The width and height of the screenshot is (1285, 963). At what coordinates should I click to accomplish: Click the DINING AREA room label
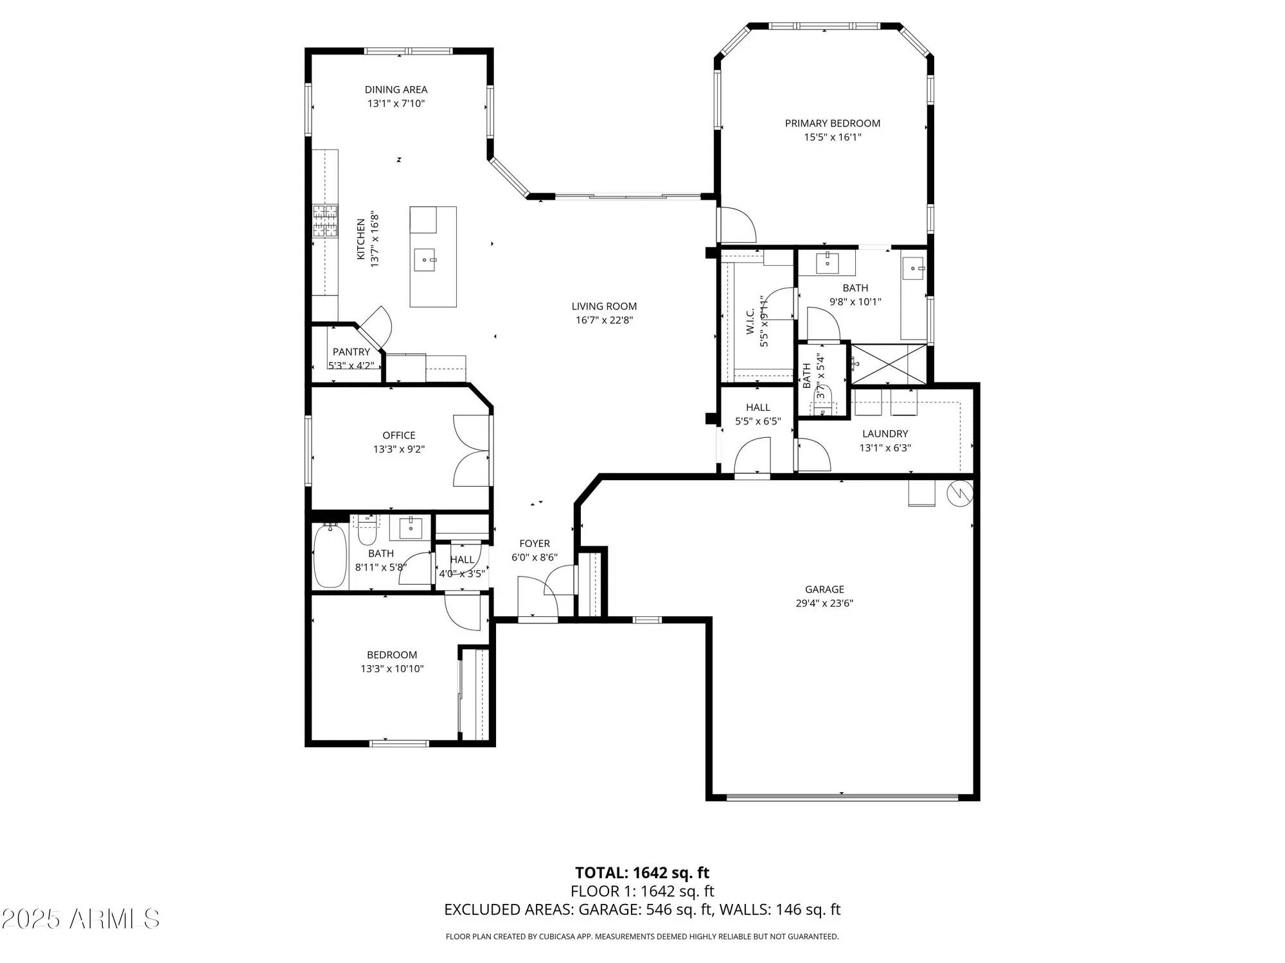tap(396, 90)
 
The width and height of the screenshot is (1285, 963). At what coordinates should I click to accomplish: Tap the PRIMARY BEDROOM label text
tap(832, 123)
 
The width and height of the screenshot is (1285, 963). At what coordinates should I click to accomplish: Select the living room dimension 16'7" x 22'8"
tap(604, 320)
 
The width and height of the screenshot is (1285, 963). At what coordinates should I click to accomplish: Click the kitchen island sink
tap(425, 260)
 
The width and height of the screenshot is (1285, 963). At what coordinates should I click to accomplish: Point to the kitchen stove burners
tap(325, 221)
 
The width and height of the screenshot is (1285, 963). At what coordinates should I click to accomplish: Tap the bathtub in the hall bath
tap(330, 556)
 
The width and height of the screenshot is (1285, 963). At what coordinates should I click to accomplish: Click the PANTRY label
tap(351, 352)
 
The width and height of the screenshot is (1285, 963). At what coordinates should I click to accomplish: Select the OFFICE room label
tap(398, 435)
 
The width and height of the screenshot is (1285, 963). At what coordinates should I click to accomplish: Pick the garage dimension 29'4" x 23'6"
tap(824, 603)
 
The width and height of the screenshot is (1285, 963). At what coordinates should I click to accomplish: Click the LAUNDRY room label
tap(885, 434)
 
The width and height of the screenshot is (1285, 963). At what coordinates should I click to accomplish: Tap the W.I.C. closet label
tap(750, 321)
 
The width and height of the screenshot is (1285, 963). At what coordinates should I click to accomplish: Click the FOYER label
tap(535, 544)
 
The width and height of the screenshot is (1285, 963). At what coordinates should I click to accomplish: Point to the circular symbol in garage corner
tap(959, 493)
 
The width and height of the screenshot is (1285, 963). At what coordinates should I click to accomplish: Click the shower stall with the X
tap(889, 365)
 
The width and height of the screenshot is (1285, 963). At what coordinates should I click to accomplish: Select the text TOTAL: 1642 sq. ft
tap(642, 873)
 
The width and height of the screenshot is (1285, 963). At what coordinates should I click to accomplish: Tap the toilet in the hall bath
tap(367, 532)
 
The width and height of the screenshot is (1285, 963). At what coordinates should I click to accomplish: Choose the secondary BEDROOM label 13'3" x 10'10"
tap(392, 662)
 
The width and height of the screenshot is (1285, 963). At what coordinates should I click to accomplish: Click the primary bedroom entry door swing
tap(737, 225)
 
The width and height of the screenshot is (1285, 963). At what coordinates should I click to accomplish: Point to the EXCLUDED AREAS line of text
tap(642, 910)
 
